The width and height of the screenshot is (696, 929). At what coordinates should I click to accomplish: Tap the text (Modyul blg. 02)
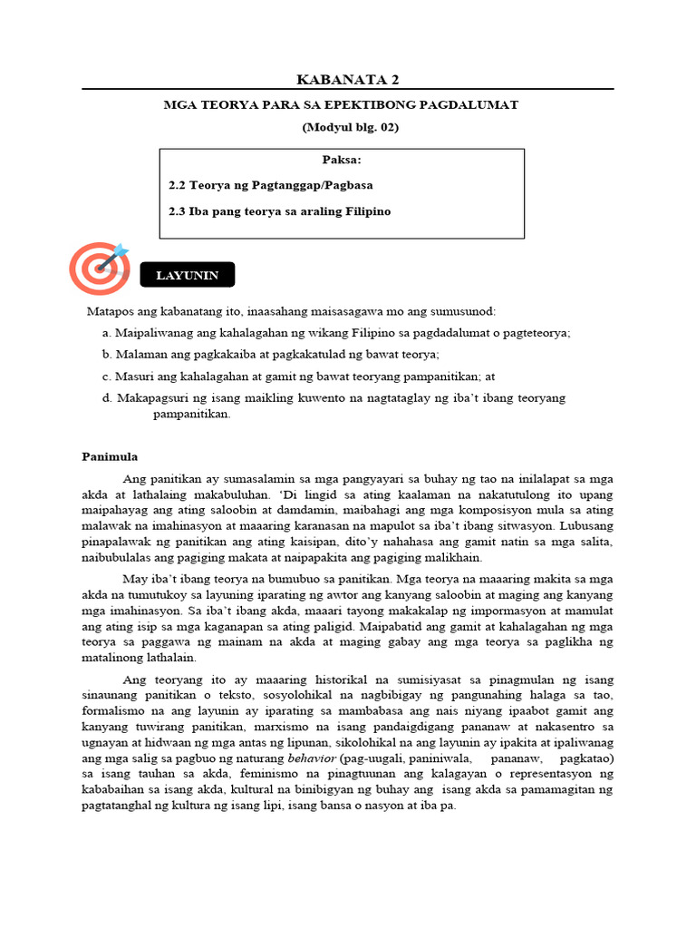[x=350, y=127]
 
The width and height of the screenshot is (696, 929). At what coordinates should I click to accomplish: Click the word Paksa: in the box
[x=342, y=161]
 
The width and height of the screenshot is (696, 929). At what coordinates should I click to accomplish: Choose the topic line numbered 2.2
[x=270, y=185]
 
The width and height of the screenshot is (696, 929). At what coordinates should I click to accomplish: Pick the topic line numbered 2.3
[x=279, y=211]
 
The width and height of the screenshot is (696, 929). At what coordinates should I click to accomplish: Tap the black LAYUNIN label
[x=187, y=276]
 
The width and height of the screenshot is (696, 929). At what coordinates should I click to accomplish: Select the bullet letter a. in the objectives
[x=108, y=333]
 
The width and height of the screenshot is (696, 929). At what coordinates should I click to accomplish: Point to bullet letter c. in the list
[x=108, y=376]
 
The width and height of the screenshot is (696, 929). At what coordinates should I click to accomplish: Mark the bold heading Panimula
[x=110, y=456]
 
